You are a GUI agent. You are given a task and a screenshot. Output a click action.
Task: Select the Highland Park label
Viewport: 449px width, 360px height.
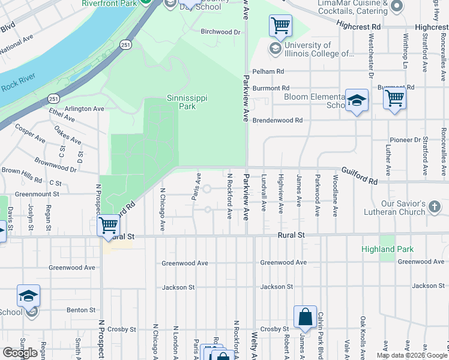click(x=387, y=249)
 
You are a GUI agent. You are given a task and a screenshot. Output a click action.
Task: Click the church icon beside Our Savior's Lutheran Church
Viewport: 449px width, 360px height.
click(x=434, y=208)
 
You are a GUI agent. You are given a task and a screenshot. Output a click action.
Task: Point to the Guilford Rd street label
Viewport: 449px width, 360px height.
click(x=360, y=176)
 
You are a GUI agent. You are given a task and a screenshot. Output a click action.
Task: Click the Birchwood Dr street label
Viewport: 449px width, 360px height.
click(x=220, y=32)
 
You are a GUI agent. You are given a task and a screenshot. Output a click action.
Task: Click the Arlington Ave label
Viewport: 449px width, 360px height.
click(x=85, y=109)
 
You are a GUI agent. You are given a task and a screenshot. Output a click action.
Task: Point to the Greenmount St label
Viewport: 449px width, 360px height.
click(x=37, y=194)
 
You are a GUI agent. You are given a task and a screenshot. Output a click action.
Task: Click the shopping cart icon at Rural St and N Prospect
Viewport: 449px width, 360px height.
click(x=108, y=226)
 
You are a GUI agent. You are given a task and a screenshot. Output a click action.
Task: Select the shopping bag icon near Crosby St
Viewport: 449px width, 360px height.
click(x=305, y=317)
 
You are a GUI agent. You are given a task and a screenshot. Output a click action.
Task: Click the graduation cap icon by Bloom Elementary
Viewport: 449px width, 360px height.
click(x=357, y=100)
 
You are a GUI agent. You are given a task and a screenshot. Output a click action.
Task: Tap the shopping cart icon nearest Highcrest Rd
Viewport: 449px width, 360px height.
click(x=280, y=26)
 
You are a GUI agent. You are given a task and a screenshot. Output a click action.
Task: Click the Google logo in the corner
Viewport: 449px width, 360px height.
click(x=20, y=353)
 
